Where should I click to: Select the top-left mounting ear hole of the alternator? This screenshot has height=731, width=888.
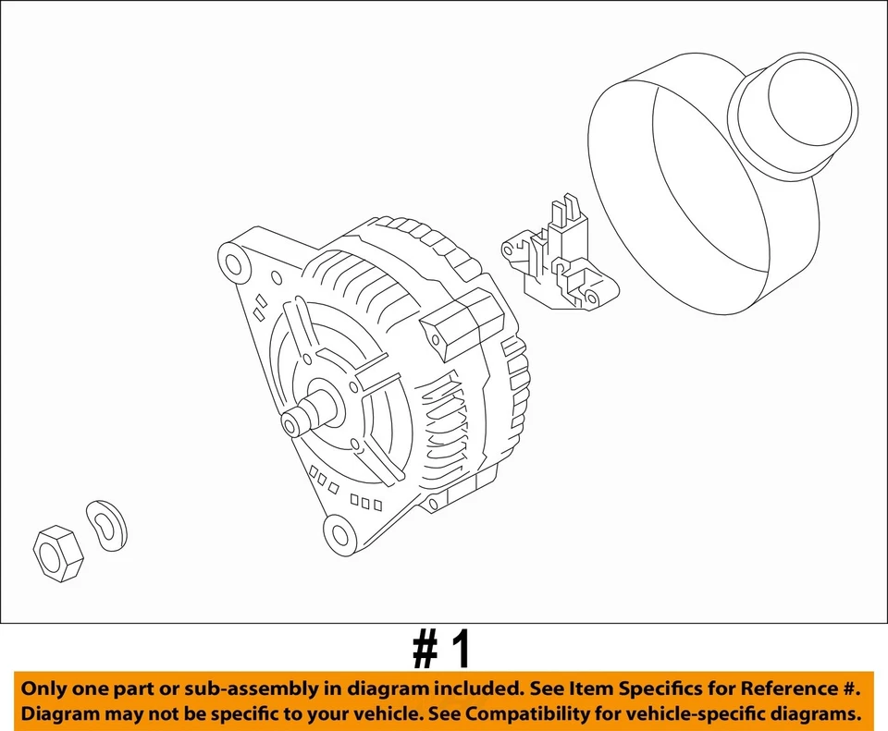pos(233,263)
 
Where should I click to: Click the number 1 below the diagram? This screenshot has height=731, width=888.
pos(460,652)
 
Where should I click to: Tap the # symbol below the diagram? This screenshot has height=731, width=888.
pos(425,652)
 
